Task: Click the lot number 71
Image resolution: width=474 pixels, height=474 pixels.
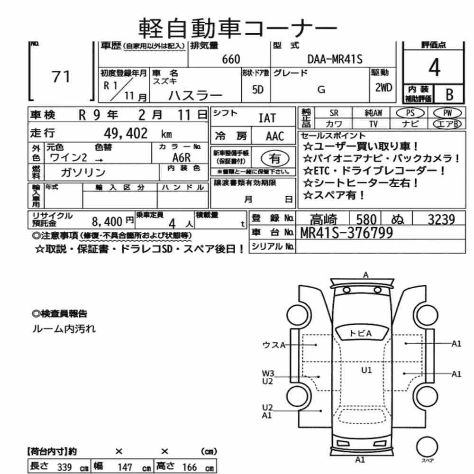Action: [61, 77]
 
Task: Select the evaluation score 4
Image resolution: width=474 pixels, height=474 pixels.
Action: [434, 67]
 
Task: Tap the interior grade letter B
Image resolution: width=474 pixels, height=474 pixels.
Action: [449, 95]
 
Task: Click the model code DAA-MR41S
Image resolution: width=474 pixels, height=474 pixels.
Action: [335, 59]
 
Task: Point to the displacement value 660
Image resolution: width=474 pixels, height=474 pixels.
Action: [231, 59]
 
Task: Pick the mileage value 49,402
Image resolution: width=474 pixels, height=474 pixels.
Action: [126, 133]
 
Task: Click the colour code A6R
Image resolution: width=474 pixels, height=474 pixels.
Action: [182, 157]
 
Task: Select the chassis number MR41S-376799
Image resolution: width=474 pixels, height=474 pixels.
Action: [346, 233]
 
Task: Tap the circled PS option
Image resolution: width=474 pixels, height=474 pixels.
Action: [410, 113]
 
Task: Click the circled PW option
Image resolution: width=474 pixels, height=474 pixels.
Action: [447, 113]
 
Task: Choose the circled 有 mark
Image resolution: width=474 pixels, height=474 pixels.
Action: [275, 158]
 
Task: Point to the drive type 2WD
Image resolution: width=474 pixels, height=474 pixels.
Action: [383, 88]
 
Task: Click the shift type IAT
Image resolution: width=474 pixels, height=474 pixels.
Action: [267, 118]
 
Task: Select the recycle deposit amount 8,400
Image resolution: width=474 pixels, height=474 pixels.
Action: [107, 222]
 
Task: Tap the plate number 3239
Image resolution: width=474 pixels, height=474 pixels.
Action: [441, 219]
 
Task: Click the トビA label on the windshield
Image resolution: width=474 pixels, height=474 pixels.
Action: [360, 333]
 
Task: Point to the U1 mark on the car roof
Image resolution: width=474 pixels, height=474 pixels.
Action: [366, 370]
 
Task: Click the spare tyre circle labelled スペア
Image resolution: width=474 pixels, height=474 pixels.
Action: [427, 447]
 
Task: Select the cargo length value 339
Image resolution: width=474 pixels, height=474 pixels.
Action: [64, 467]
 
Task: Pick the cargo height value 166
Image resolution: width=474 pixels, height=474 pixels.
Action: [190, 467]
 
